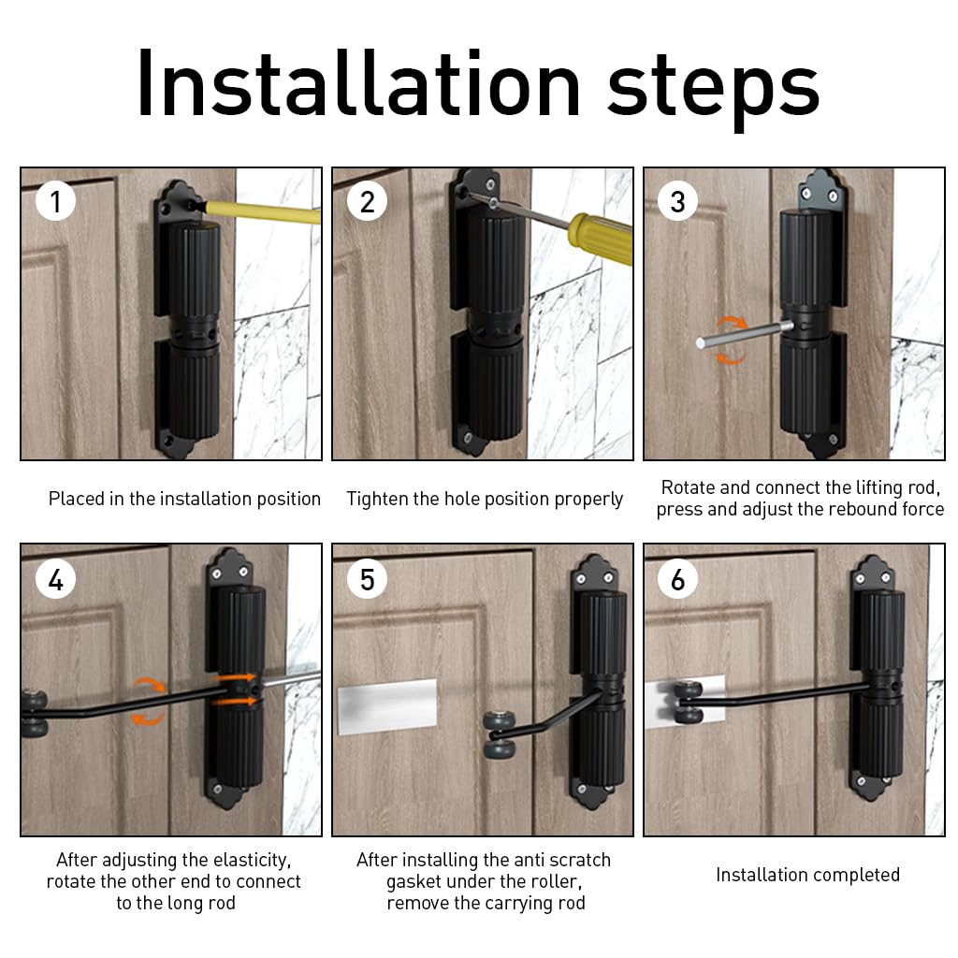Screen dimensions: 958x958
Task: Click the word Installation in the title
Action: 358,83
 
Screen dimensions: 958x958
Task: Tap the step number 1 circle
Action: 55,201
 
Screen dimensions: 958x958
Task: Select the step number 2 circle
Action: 367,201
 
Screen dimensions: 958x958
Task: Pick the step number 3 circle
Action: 678,201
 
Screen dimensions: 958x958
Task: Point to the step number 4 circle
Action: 55,578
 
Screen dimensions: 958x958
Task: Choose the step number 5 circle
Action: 367,578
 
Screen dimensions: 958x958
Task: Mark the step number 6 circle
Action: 678,578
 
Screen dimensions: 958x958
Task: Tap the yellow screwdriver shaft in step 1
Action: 261,212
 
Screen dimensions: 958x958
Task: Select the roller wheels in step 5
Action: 500,735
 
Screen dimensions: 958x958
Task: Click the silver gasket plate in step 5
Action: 387,706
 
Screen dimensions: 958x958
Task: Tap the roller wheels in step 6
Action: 689,702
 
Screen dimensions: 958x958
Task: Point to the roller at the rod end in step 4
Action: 35,713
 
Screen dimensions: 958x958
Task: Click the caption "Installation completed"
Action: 807,875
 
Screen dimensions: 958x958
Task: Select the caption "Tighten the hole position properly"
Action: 485,500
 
